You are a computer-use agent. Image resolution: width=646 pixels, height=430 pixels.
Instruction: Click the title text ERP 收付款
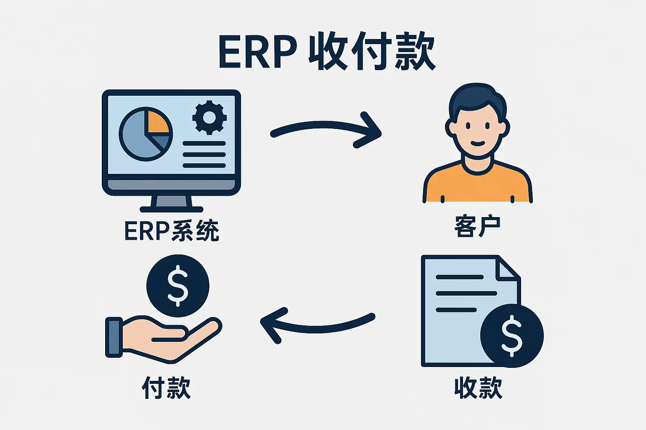point(326,52)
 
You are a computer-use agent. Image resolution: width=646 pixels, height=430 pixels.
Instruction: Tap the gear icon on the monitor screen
point(209,117)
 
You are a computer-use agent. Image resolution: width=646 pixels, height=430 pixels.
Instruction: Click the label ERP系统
point(172,231)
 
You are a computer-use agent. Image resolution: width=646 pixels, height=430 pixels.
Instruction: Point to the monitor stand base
point(172,209)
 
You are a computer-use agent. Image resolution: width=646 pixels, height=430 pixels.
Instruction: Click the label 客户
point(477,227)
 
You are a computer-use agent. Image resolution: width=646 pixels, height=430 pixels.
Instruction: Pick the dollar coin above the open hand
point(177,286)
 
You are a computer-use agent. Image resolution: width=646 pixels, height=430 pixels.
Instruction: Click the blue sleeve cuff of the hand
point(114,337)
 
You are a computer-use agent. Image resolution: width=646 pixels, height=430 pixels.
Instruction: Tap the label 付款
point(166,387)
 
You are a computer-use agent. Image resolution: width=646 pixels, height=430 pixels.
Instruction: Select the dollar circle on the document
point(511,336)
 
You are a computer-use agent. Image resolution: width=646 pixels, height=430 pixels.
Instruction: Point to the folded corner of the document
point(507,269)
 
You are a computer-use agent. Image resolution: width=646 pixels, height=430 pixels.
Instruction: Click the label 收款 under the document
point(478,387)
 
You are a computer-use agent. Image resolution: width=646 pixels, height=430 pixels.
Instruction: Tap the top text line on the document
point(459,277)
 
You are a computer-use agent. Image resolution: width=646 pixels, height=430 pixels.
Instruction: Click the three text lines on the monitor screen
point(204,154)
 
